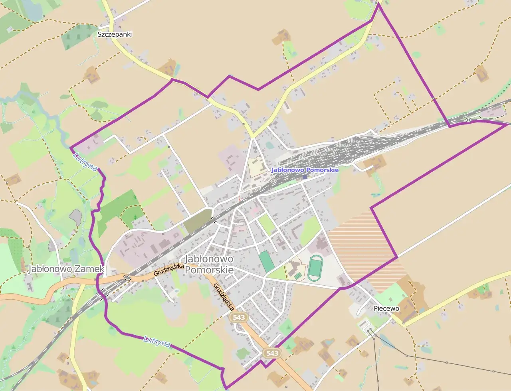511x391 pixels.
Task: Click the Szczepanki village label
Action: tap(115, 34)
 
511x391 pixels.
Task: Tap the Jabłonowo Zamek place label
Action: tap(66, 269)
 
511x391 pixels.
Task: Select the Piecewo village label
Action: tap(386, 308)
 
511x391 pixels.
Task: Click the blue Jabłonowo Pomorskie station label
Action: tap(305, 170)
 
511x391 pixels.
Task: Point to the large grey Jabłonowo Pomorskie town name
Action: tap(210, 265)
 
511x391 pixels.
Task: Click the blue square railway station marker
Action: tap(305, 177)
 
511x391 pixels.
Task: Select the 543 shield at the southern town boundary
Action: tap(271, 353)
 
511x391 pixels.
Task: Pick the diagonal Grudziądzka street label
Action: tap(224, 297)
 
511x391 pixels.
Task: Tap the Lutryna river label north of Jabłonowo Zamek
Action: tap(85, 162)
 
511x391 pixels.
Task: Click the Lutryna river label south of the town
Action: tap(157, 341)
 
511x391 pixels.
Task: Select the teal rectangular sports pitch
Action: tap(265, 261)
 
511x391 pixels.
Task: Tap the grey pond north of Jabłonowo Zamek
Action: tap(75, 216)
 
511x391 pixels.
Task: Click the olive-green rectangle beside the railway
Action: tap(197, 222)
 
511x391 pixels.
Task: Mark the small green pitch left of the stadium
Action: tap(297, 275)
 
